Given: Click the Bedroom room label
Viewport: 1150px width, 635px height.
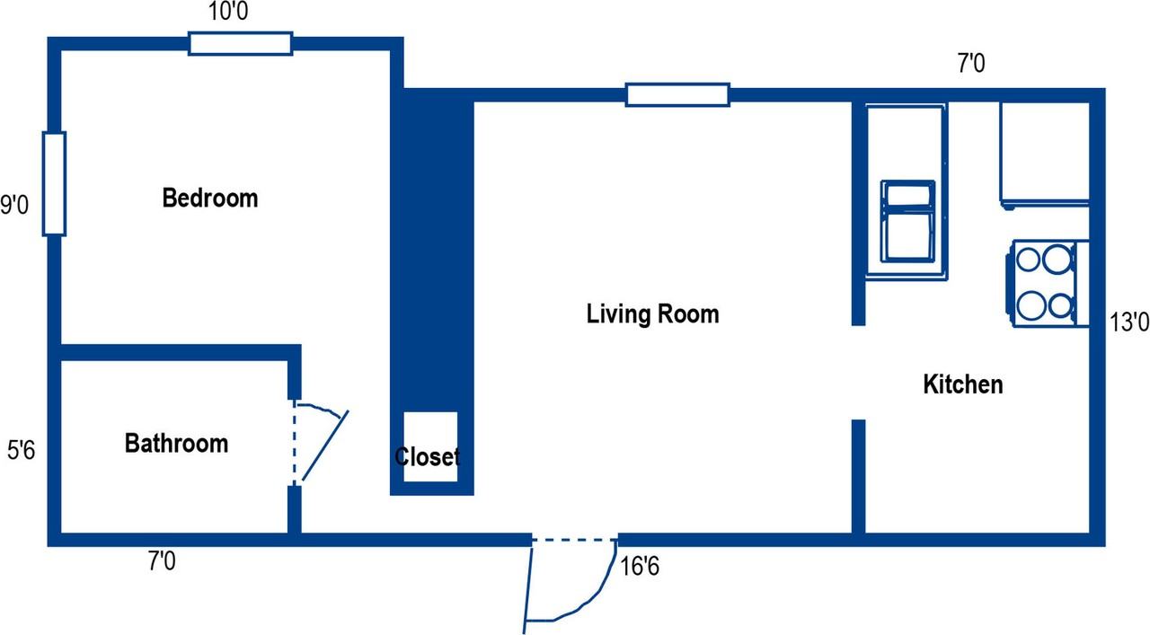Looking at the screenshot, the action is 210,198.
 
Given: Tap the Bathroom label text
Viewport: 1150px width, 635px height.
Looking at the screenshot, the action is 176,444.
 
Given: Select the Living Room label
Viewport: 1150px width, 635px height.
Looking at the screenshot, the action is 652,314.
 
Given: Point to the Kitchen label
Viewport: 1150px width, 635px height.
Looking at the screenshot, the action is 962,384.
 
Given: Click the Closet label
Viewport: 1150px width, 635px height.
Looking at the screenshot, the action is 427,457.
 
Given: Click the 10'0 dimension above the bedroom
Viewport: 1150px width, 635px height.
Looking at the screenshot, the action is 228,12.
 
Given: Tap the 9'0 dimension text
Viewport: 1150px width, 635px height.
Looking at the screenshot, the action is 14,206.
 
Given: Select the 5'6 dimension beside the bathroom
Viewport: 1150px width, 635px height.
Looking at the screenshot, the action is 21,451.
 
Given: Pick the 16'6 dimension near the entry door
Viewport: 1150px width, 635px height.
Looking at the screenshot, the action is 639,567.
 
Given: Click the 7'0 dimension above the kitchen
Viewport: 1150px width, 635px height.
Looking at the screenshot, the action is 971,64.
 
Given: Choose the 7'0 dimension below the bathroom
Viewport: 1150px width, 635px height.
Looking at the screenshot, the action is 162,561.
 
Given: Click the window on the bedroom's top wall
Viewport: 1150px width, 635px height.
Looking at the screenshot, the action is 240,44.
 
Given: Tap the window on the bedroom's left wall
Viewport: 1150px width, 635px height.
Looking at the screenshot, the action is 54,184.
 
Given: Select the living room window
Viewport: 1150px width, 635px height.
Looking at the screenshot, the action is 677,95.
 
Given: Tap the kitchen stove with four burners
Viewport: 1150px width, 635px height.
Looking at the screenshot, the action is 1048,283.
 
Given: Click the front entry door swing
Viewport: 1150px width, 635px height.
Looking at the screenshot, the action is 571,586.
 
